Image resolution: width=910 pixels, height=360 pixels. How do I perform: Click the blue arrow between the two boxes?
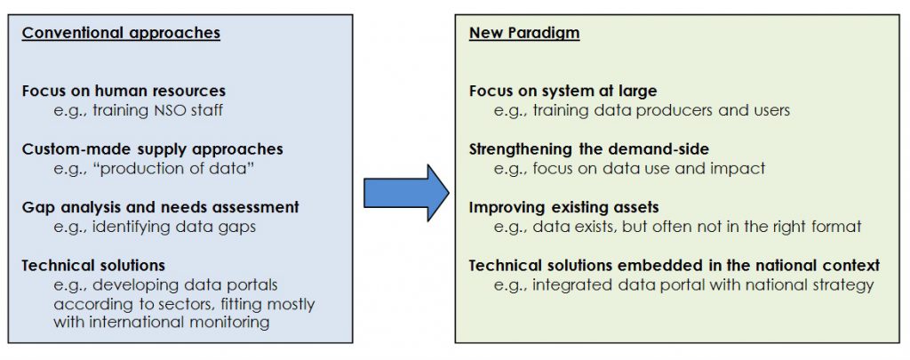coord(406,193)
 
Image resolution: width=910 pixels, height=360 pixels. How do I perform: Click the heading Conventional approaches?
coord(121,33)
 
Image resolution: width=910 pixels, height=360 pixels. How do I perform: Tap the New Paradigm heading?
coord(524,33)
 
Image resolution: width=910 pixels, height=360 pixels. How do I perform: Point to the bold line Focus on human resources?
coord(124,92)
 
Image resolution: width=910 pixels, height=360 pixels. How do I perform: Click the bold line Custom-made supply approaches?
coord(153,149)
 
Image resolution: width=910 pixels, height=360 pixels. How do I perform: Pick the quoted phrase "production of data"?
coord(174,168)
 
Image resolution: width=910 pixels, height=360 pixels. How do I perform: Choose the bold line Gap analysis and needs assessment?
coord(161,207)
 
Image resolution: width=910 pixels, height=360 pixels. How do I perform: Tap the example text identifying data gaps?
coord(173,227)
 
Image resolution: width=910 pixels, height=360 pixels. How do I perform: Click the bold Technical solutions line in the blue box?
coord(93,266)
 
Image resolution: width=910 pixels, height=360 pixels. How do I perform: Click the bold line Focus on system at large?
coord(563,92)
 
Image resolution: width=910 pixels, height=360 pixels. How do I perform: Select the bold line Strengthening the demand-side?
coord(589,149)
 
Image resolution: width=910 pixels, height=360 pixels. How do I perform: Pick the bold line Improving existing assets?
coord(564,207)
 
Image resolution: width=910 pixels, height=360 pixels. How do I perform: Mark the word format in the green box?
coord(837,227)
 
